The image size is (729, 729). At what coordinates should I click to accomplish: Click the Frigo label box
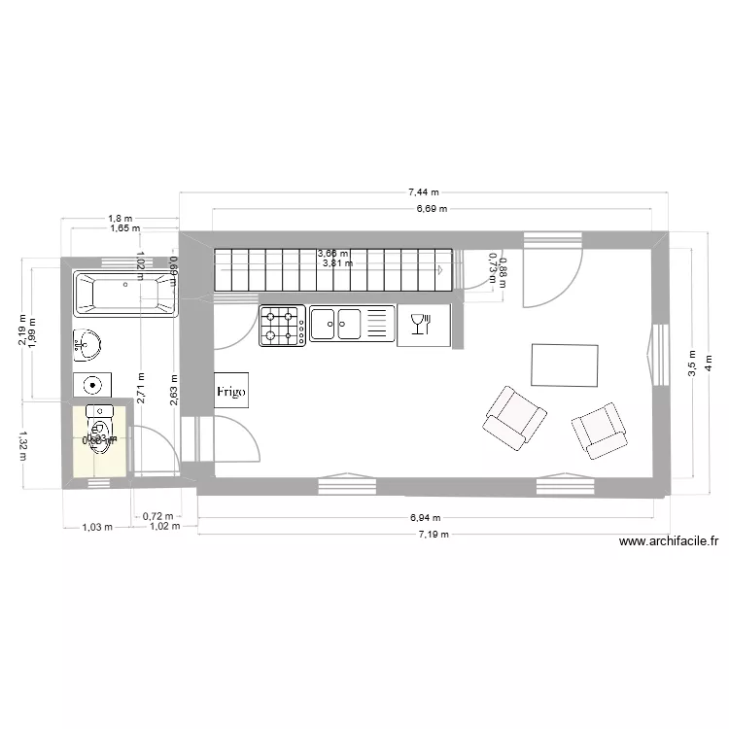(x=231, y=389)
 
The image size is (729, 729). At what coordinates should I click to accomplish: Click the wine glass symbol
(x=421, y=325)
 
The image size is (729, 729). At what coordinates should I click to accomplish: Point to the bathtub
(x=123, y=295)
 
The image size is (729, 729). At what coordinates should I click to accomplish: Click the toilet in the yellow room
(x=99, y=429)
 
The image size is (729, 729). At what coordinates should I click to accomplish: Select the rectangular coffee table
(x=564, y=364)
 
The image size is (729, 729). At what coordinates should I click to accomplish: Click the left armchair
(x=514, y=417)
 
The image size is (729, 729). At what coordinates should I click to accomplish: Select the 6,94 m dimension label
(x=424, y=518)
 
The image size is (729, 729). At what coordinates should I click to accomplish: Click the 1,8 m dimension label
(x=121, y=219)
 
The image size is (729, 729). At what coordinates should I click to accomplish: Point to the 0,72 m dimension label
(x=156, y=517)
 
